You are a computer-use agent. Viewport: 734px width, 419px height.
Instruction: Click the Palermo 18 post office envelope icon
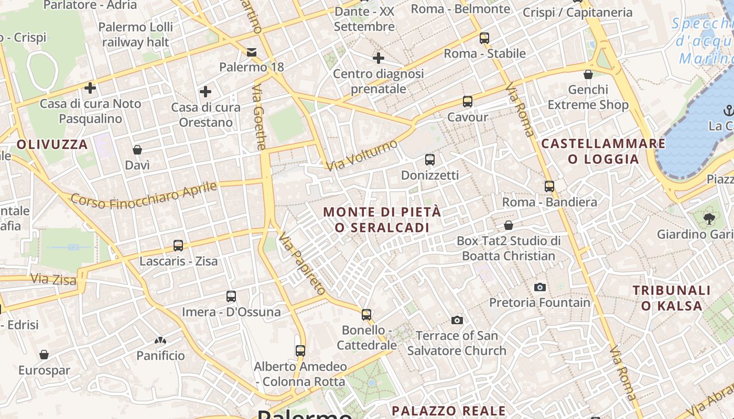(x=252, y=52)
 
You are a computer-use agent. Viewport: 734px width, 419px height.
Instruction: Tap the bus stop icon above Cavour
(x=467, y=102)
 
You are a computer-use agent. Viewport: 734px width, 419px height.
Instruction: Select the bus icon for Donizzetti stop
(x=429, y=160)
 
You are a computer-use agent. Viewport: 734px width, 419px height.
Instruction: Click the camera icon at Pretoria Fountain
(x=539, y=287)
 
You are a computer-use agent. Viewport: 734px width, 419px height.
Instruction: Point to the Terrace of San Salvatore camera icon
(x=457, y=320)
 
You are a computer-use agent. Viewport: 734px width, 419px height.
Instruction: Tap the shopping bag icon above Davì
(x=137, y=150)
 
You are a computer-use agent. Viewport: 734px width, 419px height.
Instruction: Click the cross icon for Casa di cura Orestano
(x=206, y=92)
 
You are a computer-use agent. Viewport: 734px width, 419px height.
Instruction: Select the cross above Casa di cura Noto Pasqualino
(x=90, y=88)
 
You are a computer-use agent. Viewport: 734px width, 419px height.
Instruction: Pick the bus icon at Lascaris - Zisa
(x=178, y=245)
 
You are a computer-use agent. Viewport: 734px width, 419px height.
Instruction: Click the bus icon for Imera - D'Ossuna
(x=231, y=296)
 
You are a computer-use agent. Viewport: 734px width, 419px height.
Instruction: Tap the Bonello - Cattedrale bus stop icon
(x=366, y=315)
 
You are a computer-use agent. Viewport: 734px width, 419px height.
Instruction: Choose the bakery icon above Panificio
(x=160, y=340)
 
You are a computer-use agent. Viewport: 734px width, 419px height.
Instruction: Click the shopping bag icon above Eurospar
(x=44, y=355)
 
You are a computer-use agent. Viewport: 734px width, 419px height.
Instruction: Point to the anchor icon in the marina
(x=728, y=111)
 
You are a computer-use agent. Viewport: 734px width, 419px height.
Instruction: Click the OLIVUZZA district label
(x=52, y=145)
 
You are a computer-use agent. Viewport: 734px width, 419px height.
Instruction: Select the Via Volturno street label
(x=362, y=155)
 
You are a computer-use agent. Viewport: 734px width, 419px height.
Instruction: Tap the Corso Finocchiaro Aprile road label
(x=144, y=194)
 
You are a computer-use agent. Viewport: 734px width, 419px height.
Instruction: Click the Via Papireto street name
(x=303, y=263)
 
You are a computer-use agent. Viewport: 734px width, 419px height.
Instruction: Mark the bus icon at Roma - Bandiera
(x=549, y=186)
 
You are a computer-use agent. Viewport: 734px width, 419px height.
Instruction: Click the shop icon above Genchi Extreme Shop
(x=588, y=74)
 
